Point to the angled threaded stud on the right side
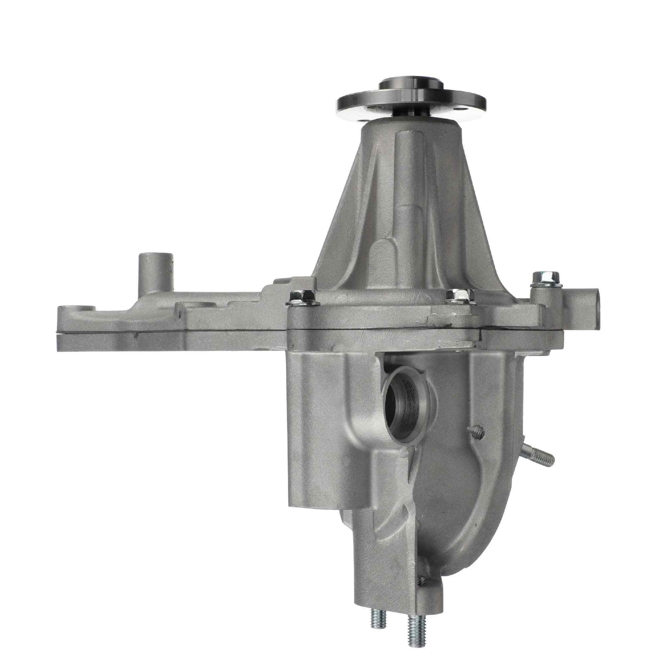(539, 456)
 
